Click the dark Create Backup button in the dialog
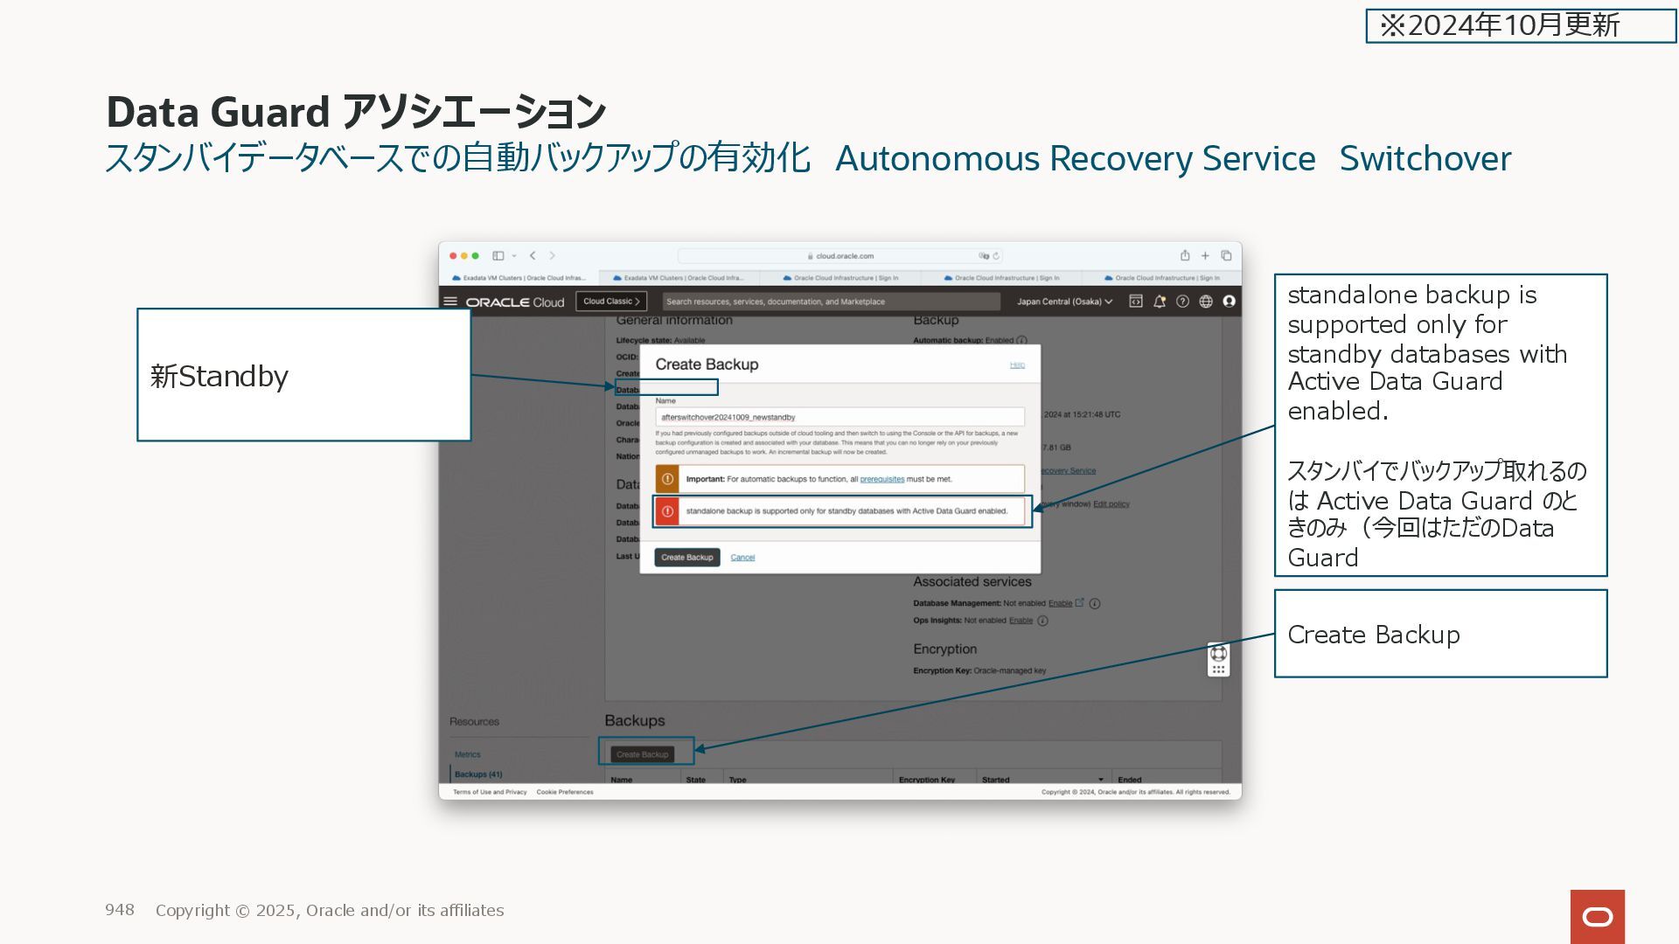tap(686, 558)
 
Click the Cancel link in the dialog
tap(742, 558)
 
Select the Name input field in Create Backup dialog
tap(839, 417)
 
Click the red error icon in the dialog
tap(667, 511)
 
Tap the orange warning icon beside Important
tap(667, 479)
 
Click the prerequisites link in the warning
tap(881, 479)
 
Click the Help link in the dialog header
tap(1017, 364)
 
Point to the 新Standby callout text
tap(219, 377)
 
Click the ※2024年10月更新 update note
tap(1499, 25)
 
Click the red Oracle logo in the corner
tap(1597, 916)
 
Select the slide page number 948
tap(120, 910)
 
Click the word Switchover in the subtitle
tap(1425, 159)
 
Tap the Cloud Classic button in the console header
tap(611, 302)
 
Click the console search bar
tap(831, 302)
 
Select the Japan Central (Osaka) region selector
tap(1064, 302)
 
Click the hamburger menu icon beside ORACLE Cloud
tap(450, 302)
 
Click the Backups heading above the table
tap(635, 721)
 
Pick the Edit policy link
tap(1111, 504)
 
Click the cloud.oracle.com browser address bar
tap(839, 256)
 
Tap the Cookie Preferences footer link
tap(565, 792)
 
